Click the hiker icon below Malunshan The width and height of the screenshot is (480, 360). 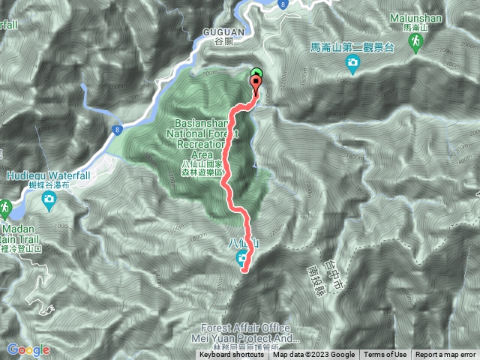click(414, 46)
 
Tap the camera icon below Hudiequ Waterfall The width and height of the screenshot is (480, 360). click(49, 199)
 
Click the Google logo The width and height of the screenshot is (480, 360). click(28, 349)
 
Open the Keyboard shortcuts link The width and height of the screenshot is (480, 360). click(232, 355)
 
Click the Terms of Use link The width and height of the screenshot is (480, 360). click(385, 355)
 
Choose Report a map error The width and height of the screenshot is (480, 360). click(445, 355)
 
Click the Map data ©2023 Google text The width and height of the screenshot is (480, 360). click(313, 355)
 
